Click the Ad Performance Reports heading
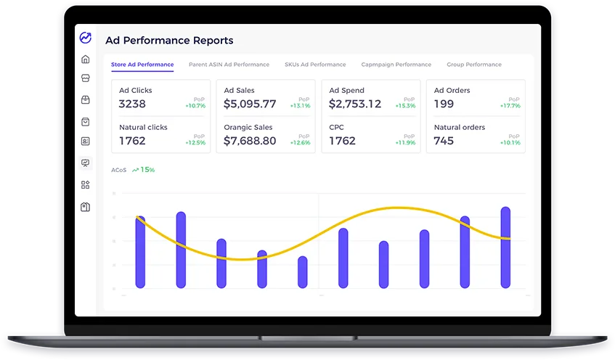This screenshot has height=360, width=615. [169, 41]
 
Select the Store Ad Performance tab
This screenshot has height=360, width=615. [142, 65]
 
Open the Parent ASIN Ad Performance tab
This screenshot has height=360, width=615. [229, 65]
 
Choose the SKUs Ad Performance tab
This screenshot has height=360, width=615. [315, 65]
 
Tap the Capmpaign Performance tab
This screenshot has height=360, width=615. [396, 65]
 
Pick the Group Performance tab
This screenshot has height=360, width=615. [473, 65]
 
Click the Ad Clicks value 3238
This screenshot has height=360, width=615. [133, 105]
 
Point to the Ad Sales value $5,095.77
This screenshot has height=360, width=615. [250, 105]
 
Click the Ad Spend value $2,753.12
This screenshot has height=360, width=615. [354, 105]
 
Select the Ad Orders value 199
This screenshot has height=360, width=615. [444, 105]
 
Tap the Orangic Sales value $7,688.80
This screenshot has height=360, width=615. [250, 141]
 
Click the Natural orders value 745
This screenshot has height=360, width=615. [444, 141]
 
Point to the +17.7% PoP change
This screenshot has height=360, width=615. [510, 106]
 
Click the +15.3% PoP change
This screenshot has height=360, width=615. [405, 106]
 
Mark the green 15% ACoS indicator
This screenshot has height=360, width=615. [144, 170]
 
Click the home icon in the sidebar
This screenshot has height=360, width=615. [86, 59]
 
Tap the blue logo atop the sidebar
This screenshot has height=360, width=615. [86, 38]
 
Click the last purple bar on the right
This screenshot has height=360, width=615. [505, 247]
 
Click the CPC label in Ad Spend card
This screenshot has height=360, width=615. [336, 127]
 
